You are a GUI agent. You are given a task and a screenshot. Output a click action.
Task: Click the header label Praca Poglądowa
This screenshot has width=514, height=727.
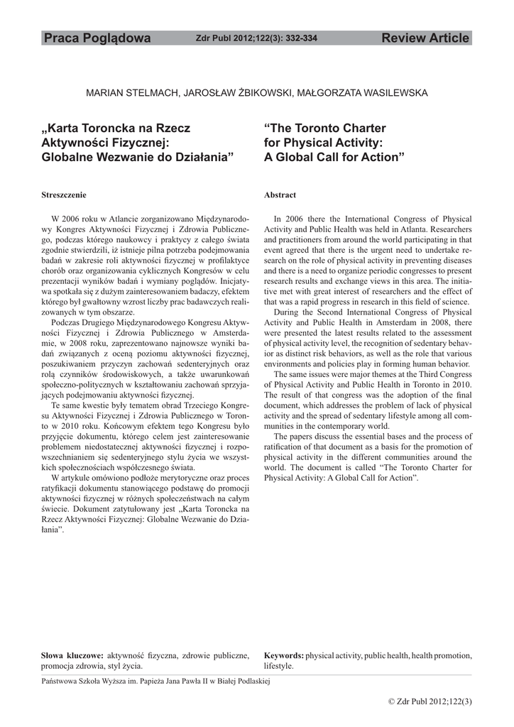[x=97, y=38]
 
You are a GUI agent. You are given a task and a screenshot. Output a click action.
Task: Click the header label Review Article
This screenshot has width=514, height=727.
[x=425, y=38]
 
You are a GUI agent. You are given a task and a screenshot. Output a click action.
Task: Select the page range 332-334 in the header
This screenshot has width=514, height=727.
[x=301, y=38]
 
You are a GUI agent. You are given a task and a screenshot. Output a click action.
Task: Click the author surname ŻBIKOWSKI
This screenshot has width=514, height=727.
[x=249, y=92]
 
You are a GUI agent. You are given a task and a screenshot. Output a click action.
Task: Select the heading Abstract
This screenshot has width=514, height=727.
[x=280, y=195]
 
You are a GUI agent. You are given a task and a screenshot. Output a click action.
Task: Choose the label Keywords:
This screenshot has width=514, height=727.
[x=284, y=655]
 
